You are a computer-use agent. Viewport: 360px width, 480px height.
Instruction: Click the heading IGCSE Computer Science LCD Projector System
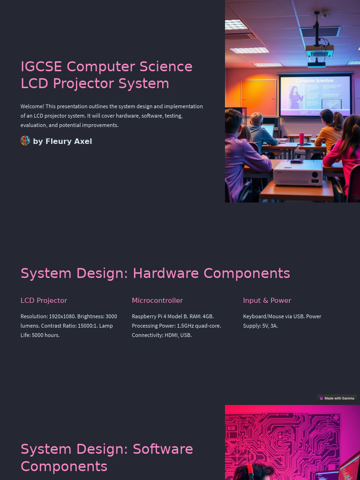[x=106, y=75]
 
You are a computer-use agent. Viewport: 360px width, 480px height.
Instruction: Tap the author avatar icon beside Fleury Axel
[x=25, y=141]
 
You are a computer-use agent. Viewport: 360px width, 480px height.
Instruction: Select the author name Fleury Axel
[x=68, y=142]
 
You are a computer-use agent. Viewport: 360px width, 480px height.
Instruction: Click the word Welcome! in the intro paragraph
[x=32, y=106]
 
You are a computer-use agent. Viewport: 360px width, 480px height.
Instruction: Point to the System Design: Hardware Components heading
[x=155, y=273]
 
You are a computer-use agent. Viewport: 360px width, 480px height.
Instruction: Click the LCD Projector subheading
[x=44, y=300]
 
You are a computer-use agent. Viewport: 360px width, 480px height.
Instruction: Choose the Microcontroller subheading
[x=157, y=300]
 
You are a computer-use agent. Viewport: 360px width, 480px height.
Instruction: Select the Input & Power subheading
[x=267, y=300]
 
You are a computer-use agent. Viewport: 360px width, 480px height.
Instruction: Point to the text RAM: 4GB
[x=202, y=316]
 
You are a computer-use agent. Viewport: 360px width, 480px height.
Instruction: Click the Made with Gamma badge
[x=337, y=398]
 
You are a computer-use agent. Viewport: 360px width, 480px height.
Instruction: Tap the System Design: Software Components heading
[x=106, y=457]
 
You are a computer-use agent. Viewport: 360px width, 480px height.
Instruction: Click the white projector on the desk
[x=298, y=172]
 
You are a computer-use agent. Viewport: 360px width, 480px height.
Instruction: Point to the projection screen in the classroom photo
[x=315, y=96]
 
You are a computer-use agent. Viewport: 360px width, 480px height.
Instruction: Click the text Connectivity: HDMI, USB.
[x=162, y=335]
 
